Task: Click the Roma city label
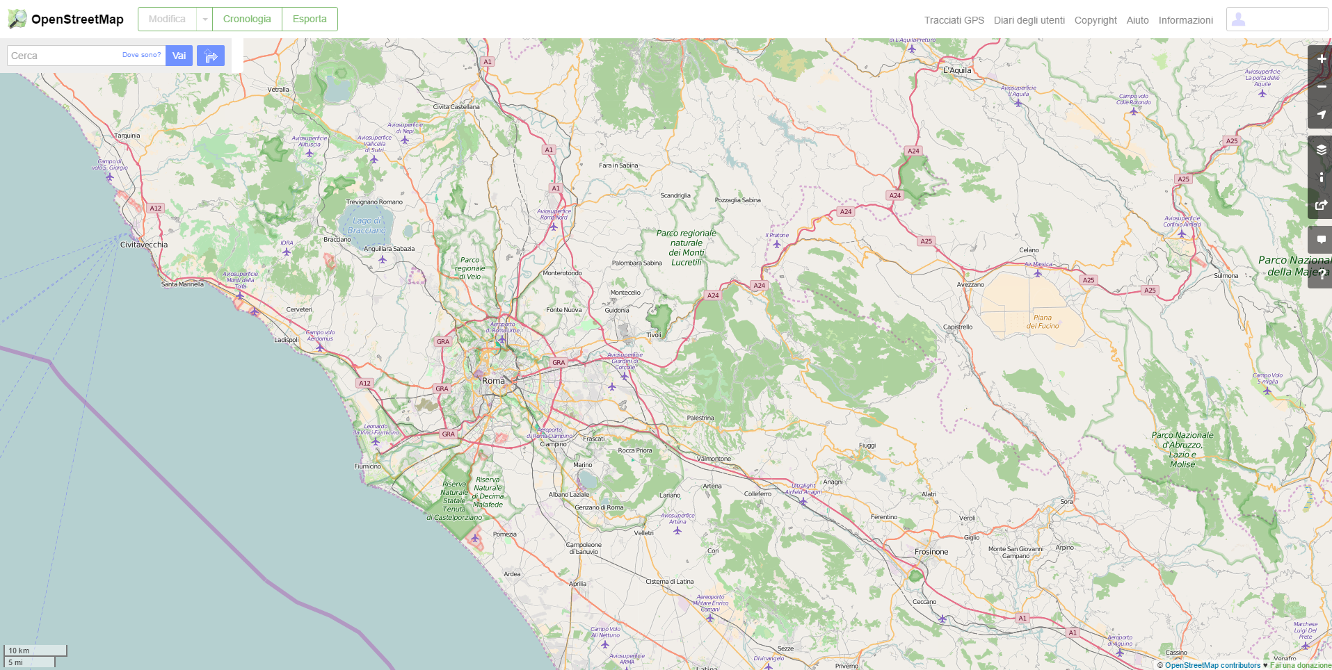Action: pos(493,381)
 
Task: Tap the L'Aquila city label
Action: pos(957,70)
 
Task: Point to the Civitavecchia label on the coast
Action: pos(144,245)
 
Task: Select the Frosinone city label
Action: pos(931,552)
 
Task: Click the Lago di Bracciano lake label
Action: pos(366,225)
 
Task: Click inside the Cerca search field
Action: pos(63,56)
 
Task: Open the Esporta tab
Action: pos(310,19)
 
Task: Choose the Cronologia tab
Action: pos(247,19)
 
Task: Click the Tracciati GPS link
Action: pos(954,20)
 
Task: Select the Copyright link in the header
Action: pos(1095,20)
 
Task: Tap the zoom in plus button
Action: pos(1321,59)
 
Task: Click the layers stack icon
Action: pos(1321,149)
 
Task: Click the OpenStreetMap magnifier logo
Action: pos(17,19)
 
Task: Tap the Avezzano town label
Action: pos(970,284)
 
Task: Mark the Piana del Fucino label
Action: pos(1043,321)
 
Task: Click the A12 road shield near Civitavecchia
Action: pos(155,208)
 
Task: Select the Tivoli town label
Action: pos(654,334)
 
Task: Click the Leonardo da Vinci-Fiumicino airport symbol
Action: pos(376,441)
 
